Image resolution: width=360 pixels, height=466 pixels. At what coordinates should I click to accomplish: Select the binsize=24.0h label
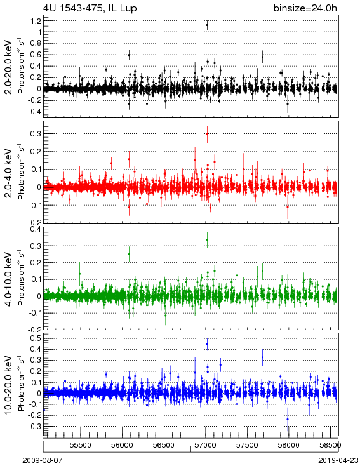[x=305, y=8]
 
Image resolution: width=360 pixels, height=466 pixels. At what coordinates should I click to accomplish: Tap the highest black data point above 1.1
[x=207, y=25]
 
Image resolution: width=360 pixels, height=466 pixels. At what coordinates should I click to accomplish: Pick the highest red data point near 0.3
[x=207, y=134]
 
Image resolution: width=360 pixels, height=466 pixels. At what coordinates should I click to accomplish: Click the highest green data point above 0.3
[x=207, y=239]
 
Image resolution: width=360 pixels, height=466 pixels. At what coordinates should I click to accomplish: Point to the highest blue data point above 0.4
[x=207, y=345]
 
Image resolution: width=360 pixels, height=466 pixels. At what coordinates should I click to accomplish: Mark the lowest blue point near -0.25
[x=288, y=419]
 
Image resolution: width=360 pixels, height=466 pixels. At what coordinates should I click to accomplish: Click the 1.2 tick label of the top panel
[x=36, y=21]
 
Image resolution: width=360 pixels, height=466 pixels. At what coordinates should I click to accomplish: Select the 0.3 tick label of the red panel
[x=36, y=134]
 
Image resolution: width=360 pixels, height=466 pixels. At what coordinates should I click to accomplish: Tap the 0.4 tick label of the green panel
[x=36, y=229]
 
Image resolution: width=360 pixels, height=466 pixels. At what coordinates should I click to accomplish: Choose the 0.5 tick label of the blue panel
[x=36, y=338]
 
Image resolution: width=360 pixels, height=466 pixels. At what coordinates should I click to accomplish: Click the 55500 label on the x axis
[x=81, y=445]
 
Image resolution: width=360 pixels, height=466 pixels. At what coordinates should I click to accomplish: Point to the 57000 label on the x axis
[x=206, y=445]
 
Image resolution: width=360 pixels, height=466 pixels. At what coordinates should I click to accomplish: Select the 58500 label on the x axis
[x=330, y=445]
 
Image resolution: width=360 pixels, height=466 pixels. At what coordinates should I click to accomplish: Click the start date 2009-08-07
[x=43, y=460]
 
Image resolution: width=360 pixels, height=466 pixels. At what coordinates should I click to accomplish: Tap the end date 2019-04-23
[x=338, y=460]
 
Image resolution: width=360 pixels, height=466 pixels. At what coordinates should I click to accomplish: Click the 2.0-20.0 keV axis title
[x=9, y=67]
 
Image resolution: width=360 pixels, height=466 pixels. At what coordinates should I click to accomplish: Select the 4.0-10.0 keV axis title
[x=9, y=279]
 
